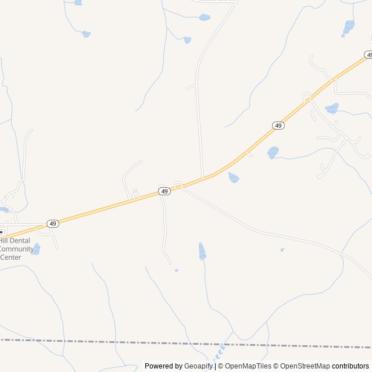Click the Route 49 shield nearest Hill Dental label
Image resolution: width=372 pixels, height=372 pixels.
53,223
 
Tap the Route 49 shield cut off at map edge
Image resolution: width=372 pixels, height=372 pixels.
369,55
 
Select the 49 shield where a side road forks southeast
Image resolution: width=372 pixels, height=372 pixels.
164,191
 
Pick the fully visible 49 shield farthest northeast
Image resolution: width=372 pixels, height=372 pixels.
278,126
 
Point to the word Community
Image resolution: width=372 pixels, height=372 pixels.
17,249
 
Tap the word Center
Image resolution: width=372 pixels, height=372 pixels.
10,257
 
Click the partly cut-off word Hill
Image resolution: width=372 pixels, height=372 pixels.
3,241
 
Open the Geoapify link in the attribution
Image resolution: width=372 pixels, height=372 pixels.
199,366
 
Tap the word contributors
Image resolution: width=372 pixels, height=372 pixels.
350,366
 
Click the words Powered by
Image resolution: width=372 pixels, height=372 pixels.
163,366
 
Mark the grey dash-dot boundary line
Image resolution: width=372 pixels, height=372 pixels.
116,342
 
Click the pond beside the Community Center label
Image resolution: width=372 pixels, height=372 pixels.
36,249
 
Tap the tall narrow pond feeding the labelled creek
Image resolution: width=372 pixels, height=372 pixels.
202,251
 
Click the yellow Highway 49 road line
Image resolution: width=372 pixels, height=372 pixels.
105,209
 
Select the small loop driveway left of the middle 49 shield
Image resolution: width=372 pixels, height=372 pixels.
134,197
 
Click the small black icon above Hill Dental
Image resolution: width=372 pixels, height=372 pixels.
1,231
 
